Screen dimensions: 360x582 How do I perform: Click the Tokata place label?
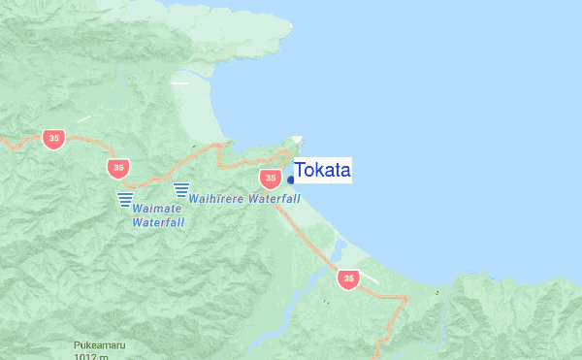[x=322, y=171]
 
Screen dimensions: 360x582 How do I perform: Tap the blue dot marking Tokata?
[x=291, y=180]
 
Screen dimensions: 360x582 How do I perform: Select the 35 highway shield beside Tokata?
[x=270, y=179]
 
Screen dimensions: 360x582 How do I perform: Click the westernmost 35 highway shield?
[x=54, y=139]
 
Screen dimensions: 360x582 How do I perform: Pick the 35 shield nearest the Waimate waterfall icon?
[x=118, y=168]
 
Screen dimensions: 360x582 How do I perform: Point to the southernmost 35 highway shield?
[x=348, y=278]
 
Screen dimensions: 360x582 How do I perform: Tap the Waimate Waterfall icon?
[x=125, y=199]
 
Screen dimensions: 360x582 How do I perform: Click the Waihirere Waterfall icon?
[x=180, y=190]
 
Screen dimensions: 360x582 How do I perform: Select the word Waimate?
[x=156, y=208]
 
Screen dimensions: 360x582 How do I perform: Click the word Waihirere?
[x=216, y=198]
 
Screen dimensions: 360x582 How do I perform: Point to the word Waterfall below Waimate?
[x=158, y=222]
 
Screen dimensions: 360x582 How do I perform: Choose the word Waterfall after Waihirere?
[x=275, y=198]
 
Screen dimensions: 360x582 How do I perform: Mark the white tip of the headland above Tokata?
[x=298, y=139]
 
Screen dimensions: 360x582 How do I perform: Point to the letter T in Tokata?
[x=300, y=171]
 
